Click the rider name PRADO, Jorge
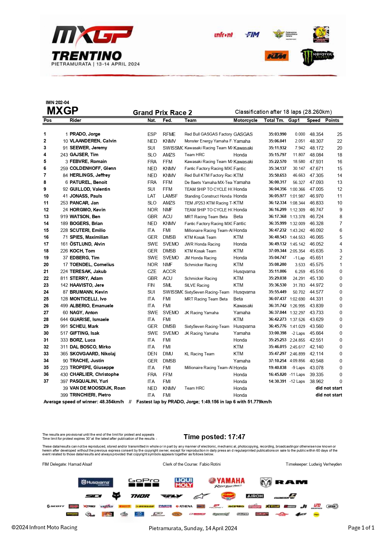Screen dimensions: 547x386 coord(85,134)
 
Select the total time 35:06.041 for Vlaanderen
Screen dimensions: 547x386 coord(277,141)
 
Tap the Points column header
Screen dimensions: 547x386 coord(332,120)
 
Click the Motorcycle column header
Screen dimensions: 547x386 coord(245,120)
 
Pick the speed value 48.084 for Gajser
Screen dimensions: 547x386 coord(316,155)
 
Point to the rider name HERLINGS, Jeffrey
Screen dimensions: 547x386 coord(90,175)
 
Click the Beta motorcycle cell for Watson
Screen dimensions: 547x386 coord(238,217)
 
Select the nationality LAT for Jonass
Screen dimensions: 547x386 coord(152,196)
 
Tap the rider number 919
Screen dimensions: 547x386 coord(64,217)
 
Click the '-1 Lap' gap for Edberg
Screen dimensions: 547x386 coord(299,258)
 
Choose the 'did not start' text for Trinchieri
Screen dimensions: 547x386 coord(329,395)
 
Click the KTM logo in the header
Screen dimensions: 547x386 coord(276,56)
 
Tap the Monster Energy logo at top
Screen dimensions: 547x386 coord(317,56)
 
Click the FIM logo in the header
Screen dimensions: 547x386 coord(252,35)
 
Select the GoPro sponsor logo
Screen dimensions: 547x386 coord(144,482)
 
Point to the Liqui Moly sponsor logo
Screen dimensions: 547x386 coord(184,482)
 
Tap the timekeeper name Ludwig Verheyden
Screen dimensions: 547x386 coord(325,464)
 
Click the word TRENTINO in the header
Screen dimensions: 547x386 coord(87,56)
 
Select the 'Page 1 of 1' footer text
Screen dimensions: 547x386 coord(361,528)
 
